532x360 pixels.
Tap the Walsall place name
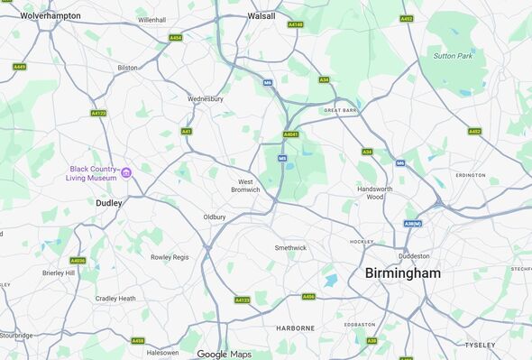[261, 15]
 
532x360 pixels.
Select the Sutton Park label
[453, 56]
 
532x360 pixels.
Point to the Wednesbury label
[205, 98]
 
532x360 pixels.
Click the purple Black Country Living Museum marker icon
[126, 172]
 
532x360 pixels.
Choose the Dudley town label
[109, 203]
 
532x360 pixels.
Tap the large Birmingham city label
[403, 272]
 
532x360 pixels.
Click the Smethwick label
[290, 247]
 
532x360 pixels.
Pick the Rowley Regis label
[170, 257]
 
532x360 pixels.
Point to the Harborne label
[295, 328]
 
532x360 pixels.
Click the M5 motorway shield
[282, 159]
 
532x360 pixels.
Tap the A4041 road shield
[290, 134]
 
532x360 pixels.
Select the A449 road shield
[19, 67]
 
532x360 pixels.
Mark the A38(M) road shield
[413, 224]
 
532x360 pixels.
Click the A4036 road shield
[78, 261]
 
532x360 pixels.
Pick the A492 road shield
[407, 19]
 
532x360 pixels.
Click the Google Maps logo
[225, 354]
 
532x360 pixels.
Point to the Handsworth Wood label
[370, 193]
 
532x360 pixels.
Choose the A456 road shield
[308, 296]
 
